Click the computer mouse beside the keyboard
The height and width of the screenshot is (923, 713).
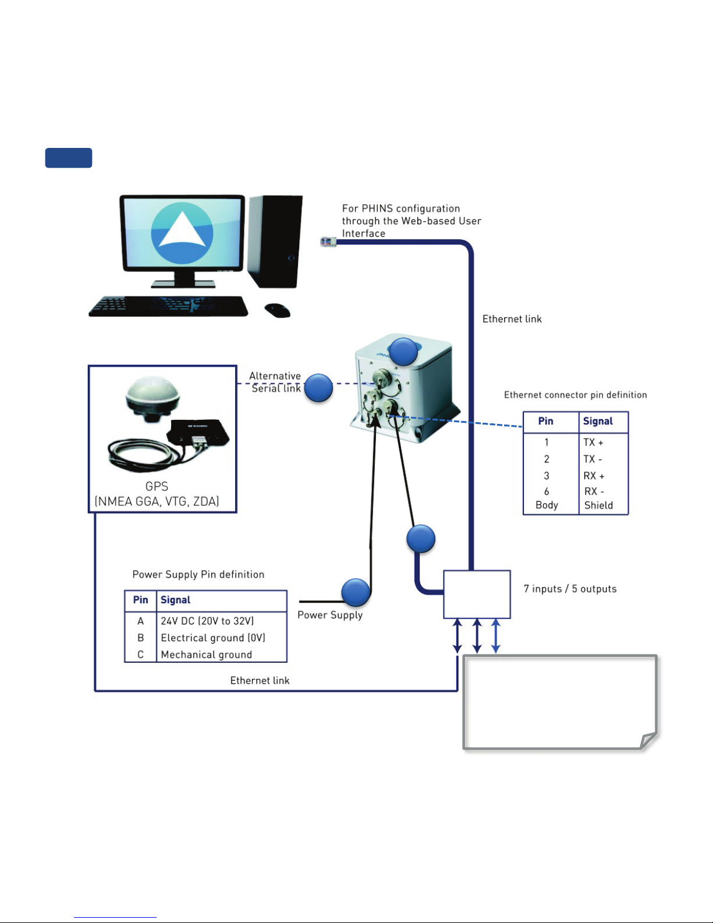click(278, 310)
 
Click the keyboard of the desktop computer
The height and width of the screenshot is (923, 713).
click(168, 306)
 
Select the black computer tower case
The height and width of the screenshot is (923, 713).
click(275, 241)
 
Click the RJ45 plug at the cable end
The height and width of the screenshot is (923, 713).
click(328, 242)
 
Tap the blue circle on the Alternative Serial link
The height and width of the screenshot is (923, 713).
click(318, 388)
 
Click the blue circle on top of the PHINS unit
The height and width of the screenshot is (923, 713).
click(403, 352)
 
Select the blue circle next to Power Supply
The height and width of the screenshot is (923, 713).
click(356, 592)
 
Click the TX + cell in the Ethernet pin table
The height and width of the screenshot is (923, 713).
click(593, 442)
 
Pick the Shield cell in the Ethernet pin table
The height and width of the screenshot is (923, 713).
click(598, 505)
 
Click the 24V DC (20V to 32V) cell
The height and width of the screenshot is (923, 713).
click(207, 621)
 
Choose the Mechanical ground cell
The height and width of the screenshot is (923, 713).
click(206, 655)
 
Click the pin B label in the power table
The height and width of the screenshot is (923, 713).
click(140, 638)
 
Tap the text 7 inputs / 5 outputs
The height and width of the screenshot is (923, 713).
click(570, 589)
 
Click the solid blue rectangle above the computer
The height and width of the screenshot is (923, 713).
click(69, 158)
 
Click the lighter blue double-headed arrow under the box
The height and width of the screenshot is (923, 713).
click(496, 636)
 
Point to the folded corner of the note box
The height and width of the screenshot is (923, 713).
click(648, 741)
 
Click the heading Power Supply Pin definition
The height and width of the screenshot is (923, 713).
click(198, 574)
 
